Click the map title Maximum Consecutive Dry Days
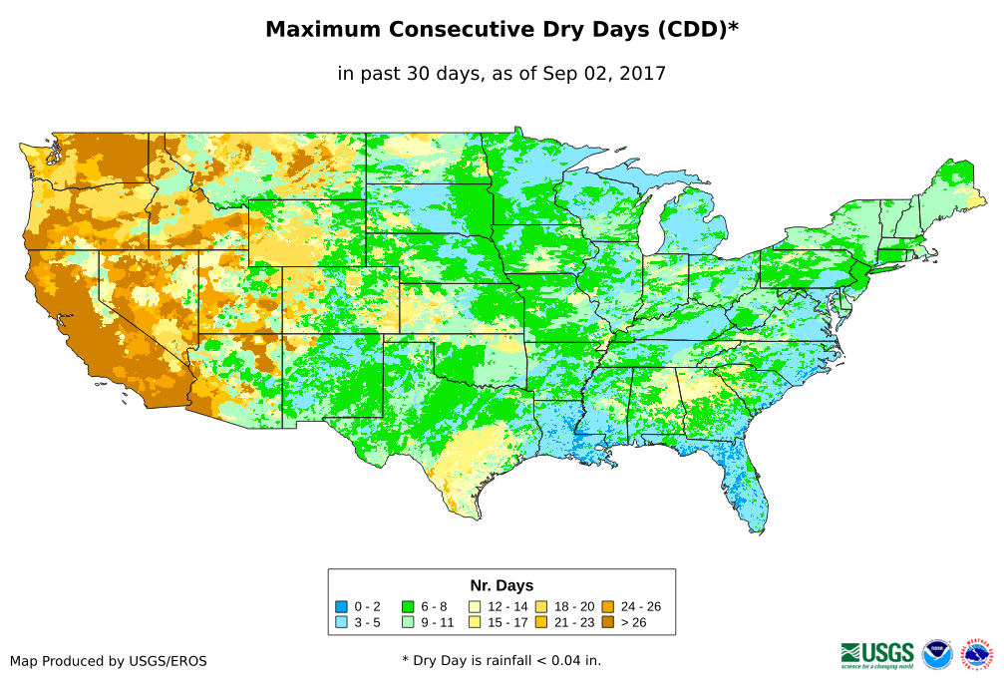click(x=502, y=30)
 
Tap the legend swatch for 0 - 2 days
click(x=342, y=606)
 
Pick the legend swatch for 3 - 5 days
click(x=342, y=622)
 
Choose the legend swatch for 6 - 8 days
click(x=408, y=606)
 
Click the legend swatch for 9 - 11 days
click(x=408, y=622)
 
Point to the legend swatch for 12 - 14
click(x=475, y=606)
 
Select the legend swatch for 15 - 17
click(x=475, y=622)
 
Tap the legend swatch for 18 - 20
click(x=540, y=606)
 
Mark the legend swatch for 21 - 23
click(x=540, y=622)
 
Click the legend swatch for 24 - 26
click(x=607, y=606)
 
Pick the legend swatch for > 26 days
click(x=607, y=622)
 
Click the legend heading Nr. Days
click(x=502, y=585)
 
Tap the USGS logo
click(x=877, y=654)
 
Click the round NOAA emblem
click(x=937, y=654)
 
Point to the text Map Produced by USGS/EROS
click(x=109, y=661)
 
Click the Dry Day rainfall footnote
click(x=502, y=660)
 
